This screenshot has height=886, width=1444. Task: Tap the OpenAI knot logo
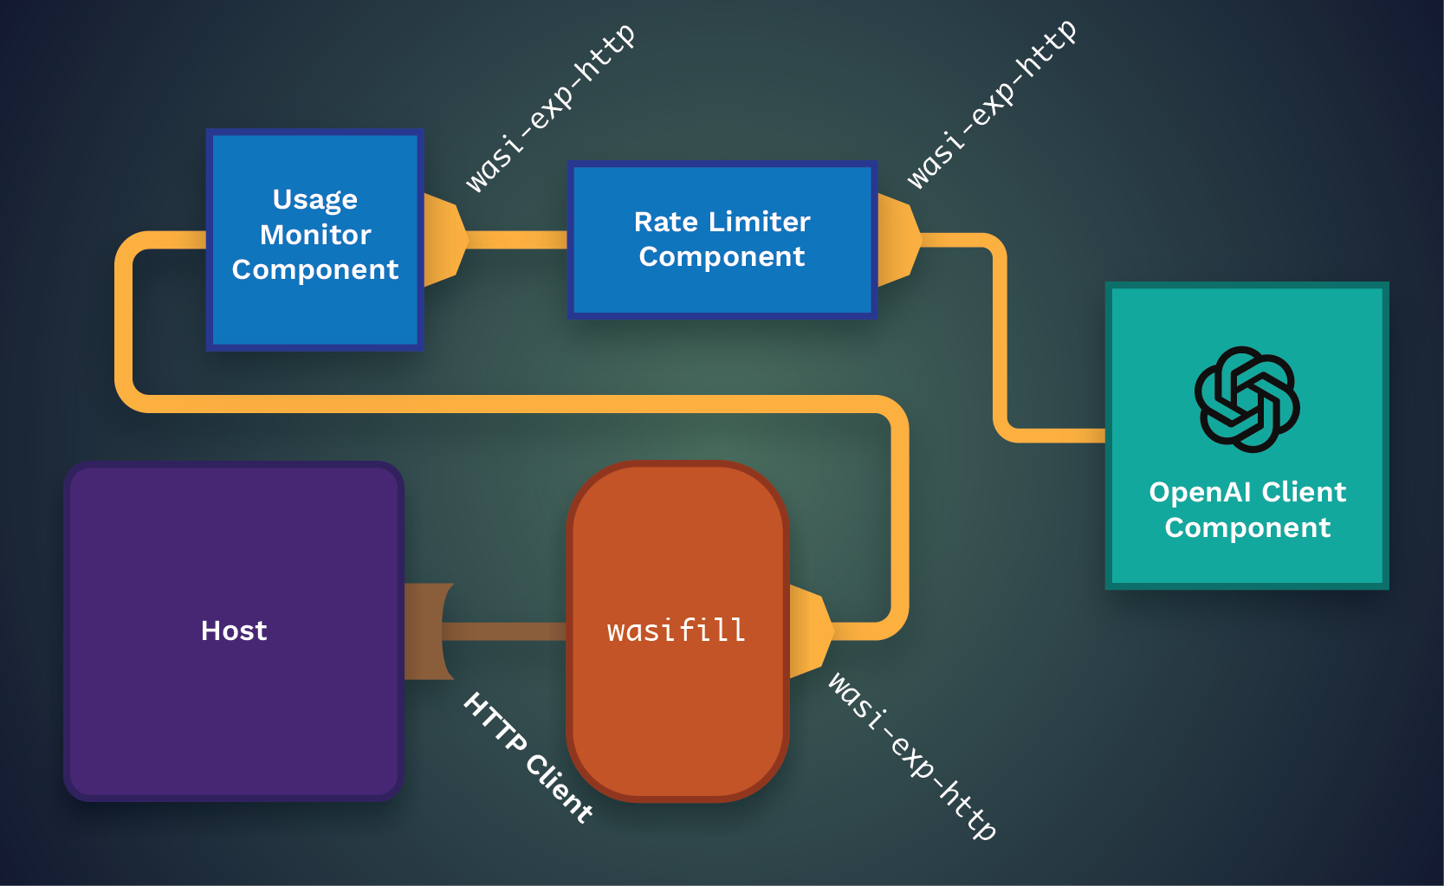tap(1247, 399)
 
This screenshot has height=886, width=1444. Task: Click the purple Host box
tap(234, 710)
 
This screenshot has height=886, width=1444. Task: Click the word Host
tap(234, 631)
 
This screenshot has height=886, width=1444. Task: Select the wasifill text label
tap(677, 631)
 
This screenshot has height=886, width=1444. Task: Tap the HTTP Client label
tap(528, 758)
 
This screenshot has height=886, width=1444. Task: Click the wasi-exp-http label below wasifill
tap(912, 755)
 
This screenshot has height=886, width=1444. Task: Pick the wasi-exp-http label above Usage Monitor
tap(550, 107)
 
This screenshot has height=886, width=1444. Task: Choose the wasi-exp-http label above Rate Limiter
tap(992, 104)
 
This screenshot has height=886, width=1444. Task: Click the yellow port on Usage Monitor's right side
tap(444, 240)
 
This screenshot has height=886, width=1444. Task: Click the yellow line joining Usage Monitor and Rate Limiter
tap(517, 240)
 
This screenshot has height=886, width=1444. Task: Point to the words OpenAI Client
tap(1247, 492)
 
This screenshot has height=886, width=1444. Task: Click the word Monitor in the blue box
tap(315, 235)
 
